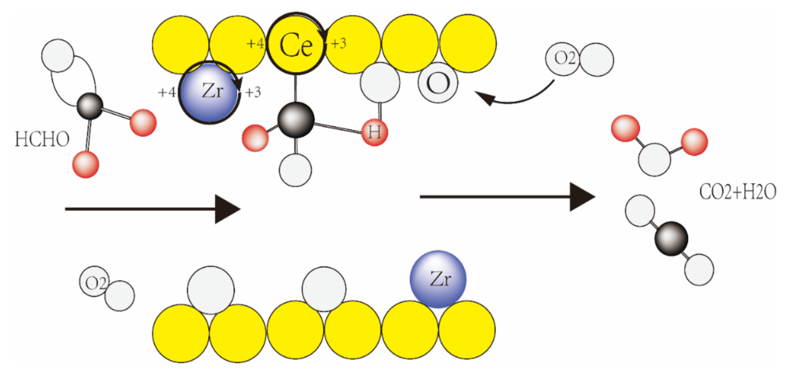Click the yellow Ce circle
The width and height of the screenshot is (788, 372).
(295, 44)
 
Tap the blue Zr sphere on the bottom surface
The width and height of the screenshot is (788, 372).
(438, 279)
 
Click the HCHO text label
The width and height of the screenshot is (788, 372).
(42, 139)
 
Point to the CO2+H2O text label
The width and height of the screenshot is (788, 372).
(737, 192)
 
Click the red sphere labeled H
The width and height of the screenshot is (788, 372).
(374, 132)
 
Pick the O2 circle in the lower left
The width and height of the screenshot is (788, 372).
(94, 281)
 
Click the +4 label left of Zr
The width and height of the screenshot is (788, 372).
(167, 92)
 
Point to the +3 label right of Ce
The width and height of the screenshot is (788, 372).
(339, 43)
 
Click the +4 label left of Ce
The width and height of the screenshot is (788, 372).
(255, 43)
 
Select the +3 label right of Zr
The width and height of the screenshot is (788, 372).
(253, 92)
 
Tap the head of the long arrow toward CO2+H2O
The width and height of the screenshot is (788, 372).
(581, 197)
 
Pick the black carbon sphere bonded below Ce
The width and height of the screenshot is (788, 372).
(295, 120)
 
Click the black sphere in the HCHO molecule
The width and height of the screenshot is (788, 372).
(90, 106)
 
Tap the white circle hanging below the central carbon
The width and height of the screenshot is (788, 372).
(295, 170)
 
